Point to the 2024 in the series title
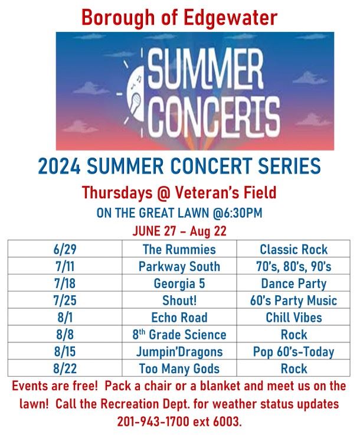(62, 166)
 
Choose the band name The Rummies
(179, 250)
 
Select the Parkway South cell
(179, 267)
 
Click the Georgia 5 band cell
(179, 283)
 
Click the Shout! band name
(179, 300)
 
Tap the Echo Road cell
(179, 318)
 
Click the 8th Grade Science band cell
(179, 335)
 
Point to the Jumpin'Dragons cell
(179, 352)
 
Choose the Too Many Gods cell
(179, 369)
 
